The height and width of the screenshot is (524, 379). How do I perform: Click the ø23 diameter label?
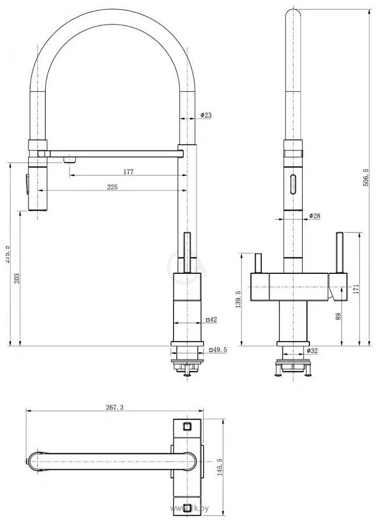point(205,116)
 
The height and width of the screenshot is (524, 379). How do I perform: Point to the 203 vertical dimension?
point(17,278)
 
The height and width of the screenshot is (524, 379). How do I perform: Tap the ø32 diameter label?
point(312,351)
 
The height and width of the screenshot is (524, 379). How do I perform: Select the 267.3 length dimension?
point(114,407)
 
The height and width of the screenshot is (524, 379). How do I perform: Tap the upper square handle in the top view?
point(187,425)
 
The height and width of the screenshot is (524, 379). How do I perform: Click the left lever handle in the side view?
point(256,263)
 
